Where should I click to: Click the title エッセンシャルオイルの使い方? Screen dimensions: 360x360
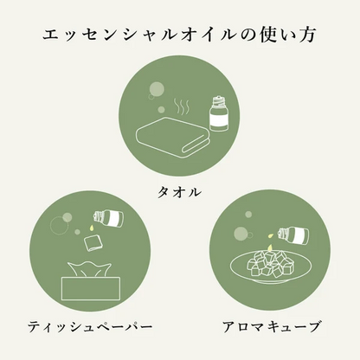click(x=180, y=37)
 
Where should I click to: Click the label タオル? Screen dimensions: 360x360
click(x=179, y=191)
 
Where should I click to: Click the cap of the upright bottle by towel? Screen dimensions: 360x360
click(x=216, y=102)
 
